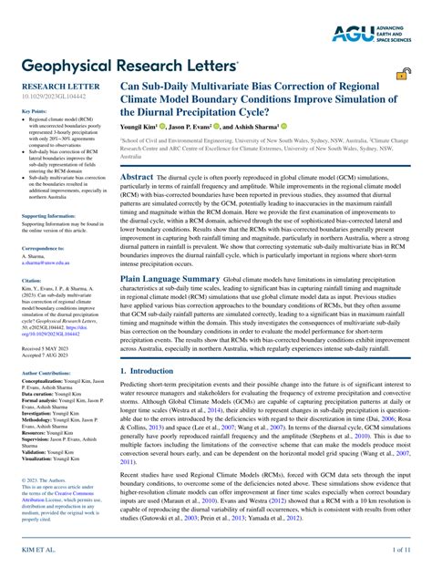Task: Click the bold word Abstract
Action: (x=137, y=151)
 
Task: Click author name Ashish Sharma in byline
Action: (x=255, y=126)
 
